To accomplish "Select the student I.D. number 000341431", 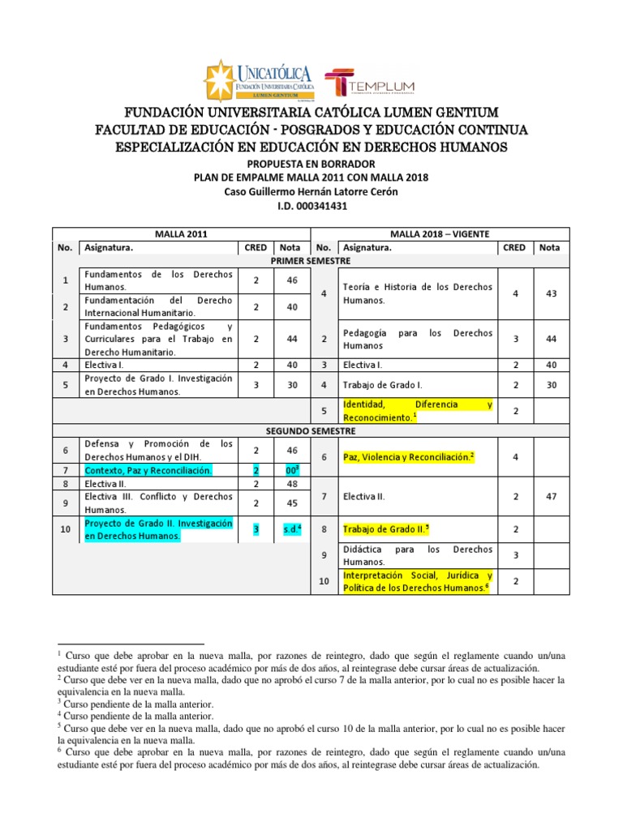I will [311, 207].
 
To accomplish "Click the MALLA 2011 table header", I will [186, 233].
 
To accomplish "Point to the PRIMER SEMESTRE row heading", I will [311, 261].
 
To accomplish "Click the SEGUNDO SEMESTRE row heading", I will [311, 430].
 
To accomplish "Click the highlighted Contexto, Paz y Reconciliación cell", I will [148, 470].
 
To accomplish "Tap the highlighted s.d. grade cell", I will [291, 530].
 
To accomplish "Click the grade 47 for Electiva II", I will [552, 494].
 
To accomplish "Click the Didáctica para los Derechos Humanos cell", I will [417, 554].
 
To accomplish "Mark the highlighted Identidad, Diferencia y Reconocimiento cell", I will [417, 410].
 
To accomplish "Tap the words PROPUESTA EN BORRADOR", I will [311, 163].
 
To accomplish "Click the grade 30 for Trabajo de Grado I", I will [552, 385].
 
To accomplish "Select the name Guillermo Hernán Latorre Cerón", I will [327, 192].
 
